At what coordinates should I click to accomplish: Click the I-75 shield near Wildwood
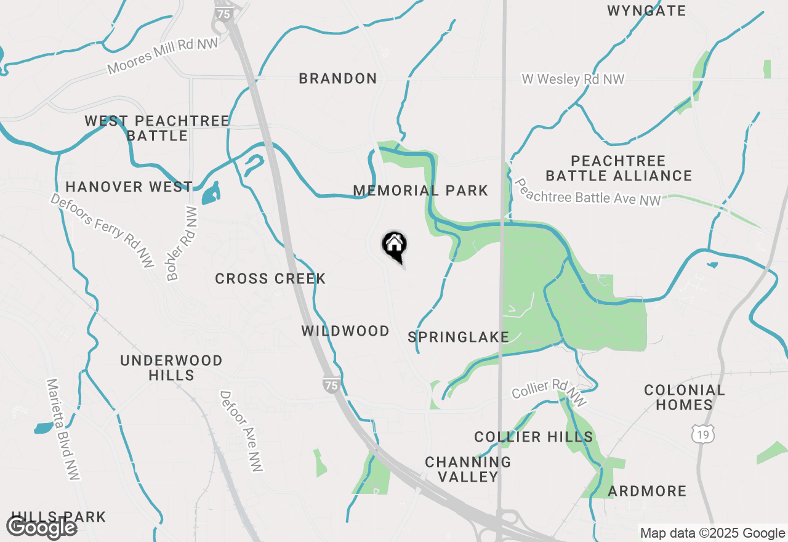click(331, 384)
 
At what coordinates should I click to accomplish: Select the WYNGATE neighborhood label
click(646, 10)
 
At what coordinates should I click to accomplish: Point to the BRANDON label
click(337, 78)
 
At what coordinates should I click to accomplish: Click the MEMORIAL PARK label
click(420, 191)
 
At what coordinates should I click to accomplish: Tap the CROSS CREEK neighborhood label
click(270, 278)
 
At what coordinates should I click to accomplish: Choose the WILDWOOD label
click(345, 331)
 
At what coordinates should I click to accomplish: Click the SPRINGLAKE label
click(458, 337)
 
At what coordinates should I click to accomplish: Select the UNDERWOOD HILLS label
click(171, 368)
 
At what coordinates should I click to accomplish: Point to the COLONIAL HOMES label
click(684, 397)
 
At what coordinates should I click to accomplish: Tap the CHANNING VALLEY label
click(468, 469)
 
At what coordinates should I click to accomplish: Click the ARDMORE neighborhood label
click(647, 491)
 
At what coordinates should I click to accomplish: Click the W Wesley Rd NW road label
click(573, 79)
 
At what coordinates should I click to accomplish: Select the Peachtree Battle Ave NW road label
click(588, 192)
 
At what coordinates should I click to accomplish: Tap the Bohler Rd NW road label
click(182, 243)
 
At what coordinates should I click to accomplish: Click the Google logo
click(42, 527)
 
